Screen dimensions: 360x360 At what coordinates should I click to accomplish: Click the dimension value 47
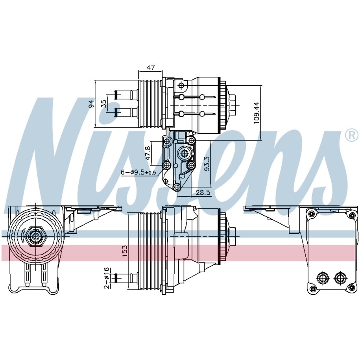click(151, 67)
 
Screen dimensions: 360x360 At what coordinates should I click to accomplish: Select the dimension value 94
click(92, 103)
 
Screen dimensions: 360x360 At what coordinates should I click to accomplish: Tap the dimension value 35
click(104, 103)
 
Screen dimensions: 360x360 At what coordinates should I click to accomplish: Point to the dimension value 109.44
click(256, 113)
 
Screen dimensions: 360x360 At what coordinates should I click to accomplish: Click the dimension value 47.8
click(148, 153)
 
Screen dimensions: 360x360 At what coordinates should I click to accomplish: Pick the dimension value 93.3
click(207, 163)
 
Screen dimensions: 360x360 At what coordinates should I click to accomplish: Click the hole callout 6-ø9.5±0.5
click(138, 172)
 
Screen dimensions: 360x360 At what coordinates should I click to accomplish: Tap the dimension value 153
click(124, 251)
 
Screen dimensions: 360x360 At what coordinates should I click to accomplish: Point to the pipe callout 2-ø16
click(106, 278)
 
